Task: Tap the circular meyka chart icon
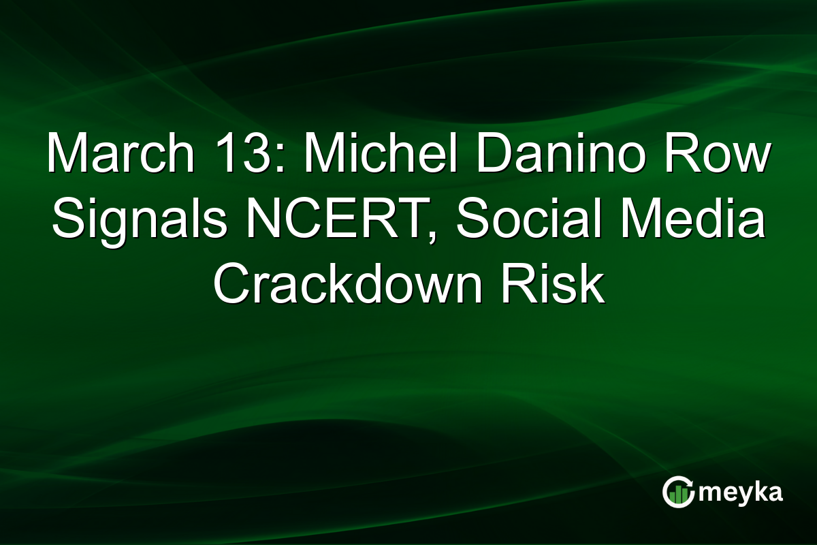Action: (x=677, y=493)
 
